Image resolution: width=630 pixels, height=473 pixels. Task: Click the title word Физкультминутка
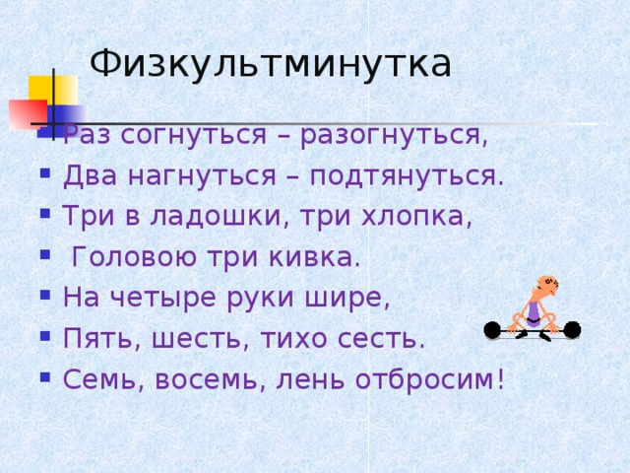click(270, 63)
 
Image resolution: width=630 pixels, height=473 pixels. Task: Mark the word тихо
click(298, 338)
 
